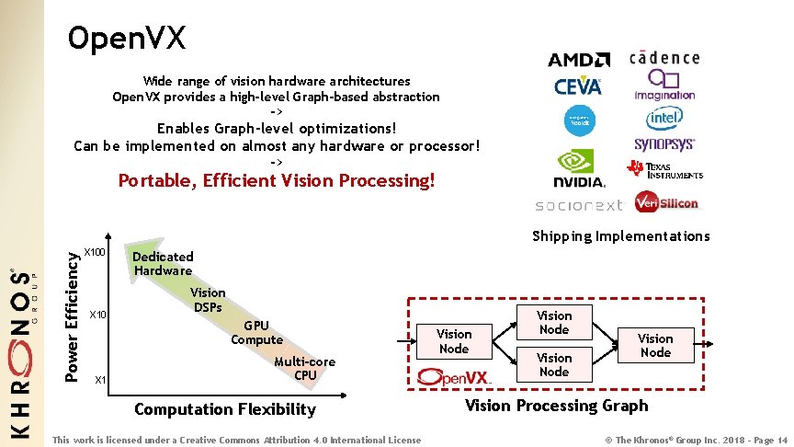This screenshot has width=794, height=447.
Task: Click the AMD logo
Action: pyautogui.click(x=578, y=61)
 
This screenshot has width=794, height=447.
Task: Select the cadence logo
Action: pyautogui.click(x=664, y=58)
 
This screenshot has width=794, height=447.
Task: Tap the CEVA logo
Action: pyautogui.click(x=578, y=86)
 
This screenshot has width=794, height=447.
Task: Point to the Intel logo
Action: pyautogui.click(x=664, y=118)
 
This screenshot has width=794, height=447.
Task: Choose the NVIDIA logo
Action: pyautogui.click(x=579, y=168)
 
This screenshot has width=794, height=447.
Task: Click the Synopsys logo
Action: pyautogui.click(x=664, y=144)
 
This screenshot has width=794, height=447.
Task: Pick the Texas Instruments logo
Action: pyautogui.click(x=664, y=170)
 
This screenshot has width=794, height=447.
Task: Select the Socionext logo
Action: pyautogui.click(x=579, y=204)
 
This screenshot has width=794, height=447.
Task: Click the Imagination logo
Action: pyautogui.click(x=664, y=86)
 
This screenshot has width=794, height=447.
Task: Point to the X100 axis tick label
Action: pyautogui.click(x=96, y=252)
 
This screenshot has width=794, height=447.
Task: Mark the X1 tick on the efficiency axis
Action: pyautogui.click(x=101, y=380)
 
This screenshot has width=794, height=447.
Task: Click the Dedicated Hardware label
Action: pyautogui.click(x=163, y=263)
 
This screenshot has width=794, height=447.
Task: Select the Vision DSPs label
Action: pyautogui.click(x=208, y=299)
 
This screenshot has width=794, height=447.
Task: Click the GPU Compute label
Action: pyautogui.click(x=256, y=332)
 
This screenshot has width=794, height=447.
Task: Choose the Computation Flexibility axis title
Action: pyautogui.click(x=224, y=409)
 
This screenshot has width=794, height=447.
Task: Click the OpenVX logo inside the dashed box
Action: pyautogui.click(x=454, y=377)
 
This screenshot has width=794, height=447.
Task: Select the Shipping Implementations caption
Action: pyautogui.click(x=621, y=236)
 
